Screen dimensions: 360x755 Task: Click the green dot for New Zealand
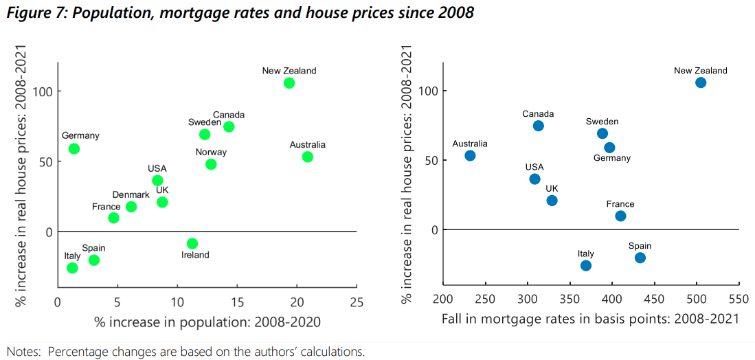pyautogui.click(x=289, y=83)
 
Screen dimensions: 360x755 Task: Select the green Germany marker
pyautogui.click(x=74, y=148)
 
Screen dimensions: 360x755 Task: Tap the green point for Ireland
pyautogui.click(x=192, y=243)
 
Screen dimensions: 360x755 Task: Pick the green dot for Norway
pyautogui.click(x=211, y=164)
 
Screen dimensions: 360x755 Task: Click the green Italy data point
pyautogui.click(x=72, y=268)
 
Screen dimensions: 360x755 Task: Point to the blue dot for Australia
pyautogui.click(x=470, y=155)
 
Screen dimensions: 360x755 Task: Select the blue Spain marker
pyautogui.click(x=640, y=258)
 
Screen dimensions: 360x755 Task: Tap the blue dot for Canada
pyautogui.click(x=538, y=126)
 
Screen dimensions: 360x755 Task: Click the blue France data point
pyautogui.click(x=620, y=216)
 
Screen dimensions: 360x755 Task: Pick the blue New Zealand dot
pyautogui.click(x=701, y=82)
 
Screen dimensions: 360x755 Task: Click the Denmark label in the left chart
pyautogui.click(x=131, y=195)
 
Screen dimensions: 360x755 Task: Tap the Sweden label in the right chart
pyautogui.click(x=602, y=122)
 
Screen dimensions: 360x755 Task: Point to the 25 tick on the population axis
pyautogui.click(x=357, y=302)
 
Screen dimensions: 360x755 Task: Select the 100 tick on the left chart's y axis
pyautogui.click(x=43, y=91)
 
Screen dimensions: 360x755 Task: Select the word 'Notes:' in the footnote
pyautogui.click(x=24, y=352)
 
